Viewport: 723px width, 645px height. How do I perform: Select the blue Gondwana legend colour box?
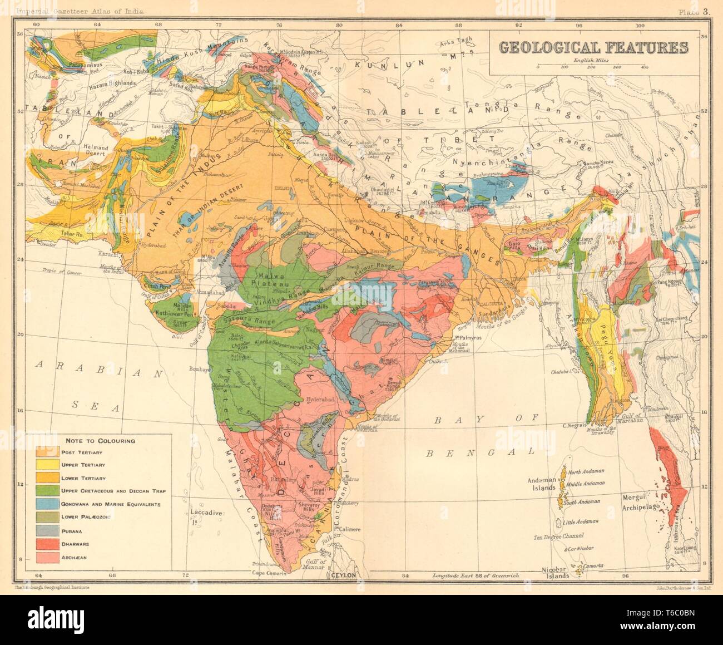point(46,504)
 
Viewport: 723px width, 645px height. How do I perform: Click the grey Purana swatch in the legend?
point(46,530)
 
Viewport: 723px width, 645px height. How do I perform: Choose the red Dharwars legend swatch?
point(46,543)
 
